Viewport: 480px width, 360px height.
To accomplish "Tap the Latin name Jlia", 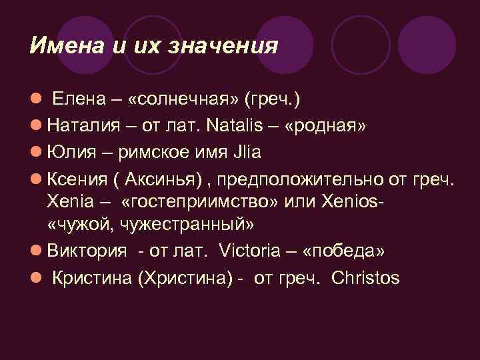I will tap(246, 153).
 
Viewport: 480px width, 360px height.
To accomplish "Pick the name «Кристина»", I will tap(91, 277).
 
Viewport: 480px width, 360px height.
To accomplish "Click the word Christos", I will tap(365, 277).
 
